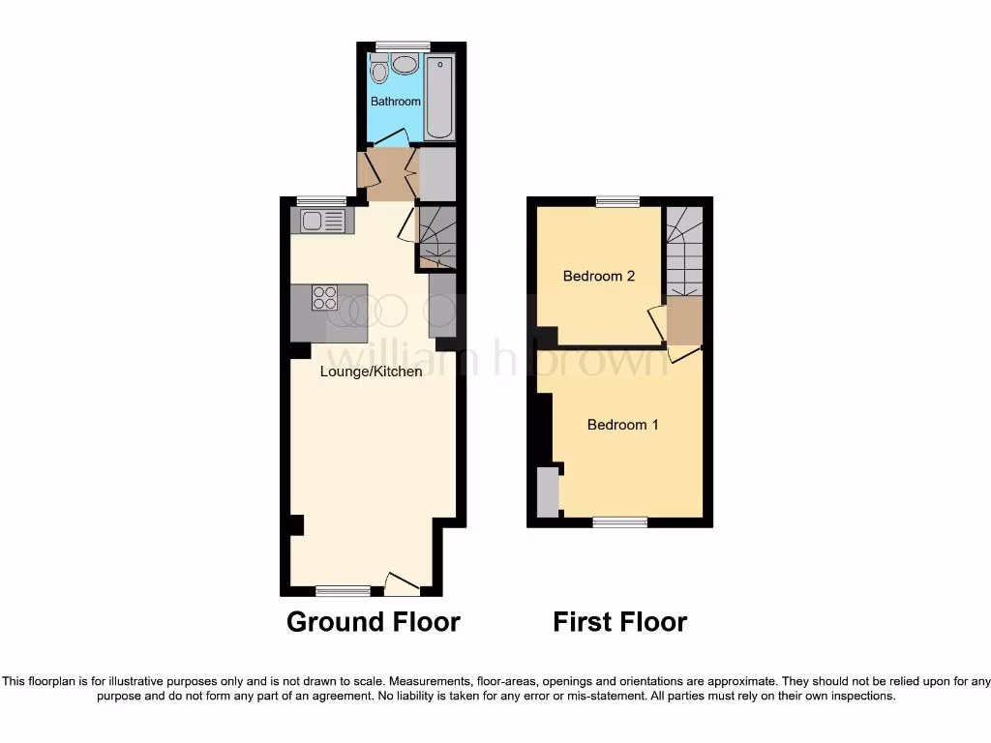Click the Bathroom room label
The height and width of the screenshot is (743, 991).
(x=396, y=102)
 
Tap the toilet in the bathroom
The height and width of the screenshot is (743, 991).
(x=379, y=70)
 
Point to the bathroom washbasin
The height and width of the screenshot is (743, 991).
(x=405, y=65)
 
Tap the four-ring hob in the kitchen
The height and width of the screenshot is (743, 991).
(x=324, y=298)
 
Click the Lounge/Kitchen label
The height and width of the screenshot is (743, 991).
(x=372, y=371)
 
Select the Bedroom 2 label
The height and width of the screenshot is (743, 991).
(x=599, y=276)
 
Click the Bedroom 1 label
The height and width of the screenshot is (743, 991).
(x=623, y=425)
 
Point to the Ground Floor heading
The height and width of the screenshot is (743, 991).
(x=373, y=621)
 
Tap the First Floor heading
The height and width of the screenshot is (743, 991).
(x=619, y=621)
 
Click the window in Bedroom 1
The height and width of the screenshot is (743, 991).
(x=620, y=522)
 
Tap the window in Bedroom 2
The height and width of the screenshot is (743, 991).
(x=617, y=201)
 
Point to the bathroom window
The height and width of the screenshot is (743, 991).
(x=403, y=45)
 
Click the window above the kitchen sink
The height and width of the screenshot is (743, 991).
(x=321, y=201)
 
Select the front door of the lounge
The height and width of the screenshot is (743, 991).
(x=402, y=583)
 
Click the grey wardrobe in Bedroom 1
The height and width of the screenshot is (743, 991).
(x=548, y=491)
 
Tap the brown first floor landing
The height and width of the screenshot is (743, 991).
(x=684, y=321)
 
